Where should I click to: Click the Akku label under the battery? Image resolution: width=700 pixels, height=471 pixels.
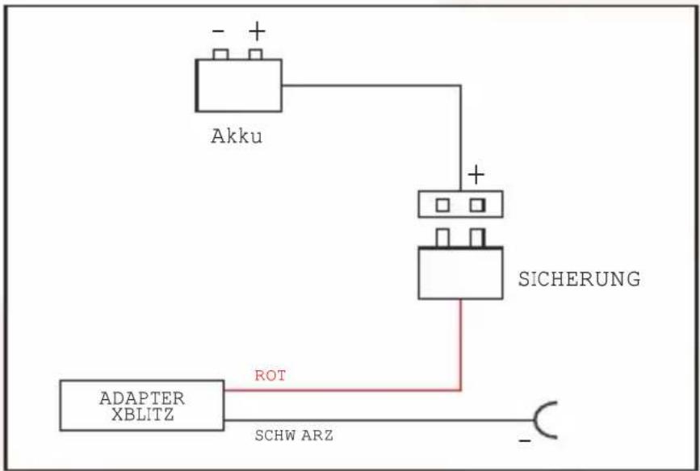[237, 136]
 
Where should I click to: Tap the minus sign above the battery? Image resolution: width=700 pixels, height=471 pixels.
[218, 31]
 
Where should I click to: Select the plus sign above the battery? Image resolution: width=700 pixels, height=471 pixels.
[257, 31]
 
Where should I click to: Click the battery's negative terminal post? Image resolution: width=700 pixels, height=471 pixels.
[220, 54]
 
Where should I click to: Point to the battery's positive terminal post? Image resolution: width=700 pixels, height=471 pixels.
[255, 54]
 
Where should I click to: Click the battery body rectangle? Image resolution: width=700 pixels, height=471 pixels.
[238, 85]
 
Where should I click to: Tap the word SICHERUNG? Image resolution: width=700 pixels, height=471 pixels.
[579, 279]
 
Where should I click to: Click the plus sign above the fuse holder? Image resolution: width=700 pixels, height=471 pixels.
[476, 174]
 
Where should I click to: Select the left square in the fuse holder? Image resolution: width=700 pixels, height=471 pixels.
[442, 205]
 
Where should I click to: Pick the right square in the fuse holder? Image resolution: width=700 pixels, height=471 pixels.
[477, 205]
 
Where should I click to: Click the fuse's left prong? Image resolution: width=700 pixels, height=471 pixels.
[442, 238]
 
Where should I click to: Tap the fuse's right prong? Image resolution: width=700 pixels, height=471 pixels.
[477, 238]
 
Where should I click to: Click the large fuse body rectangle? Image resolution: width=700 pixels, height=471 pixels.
[460, 273]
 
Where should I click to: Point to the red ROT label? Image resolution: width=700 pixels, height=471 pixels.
[270, 376]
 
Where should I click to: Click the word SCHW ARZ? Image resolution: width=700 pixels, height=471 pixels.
[294, 436]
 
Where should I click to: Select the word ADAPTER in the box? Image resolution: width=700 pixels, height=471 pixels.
[142, 398]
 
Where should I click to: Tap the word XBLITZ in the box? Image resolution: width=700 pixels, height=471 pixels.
[142, 415]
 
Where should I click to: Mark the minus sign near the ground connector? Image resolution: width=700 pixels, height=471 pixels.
[525, 441]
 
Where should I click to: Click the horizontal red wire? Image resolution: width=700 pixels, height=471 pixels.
[342, 390]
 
